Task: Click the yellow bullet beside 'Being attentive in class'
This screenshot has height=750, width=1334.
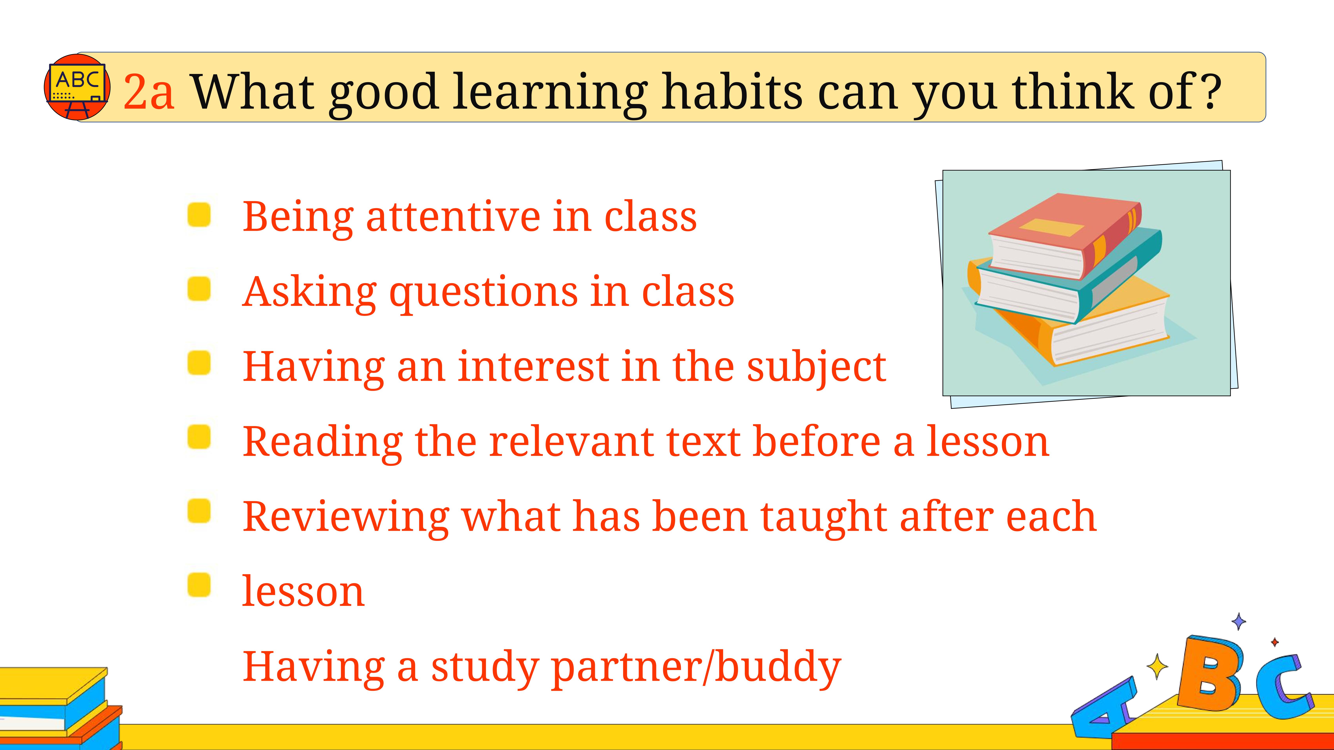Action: click(199, 214)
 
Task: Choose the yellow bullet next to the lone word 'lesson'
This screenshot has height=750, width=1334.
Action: click(199, 585)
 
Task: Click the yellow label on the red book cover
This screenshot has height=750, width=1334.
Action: click(1051, 227)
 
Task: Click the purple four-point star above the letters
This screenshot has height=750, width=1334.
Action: click(1239, 621)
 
